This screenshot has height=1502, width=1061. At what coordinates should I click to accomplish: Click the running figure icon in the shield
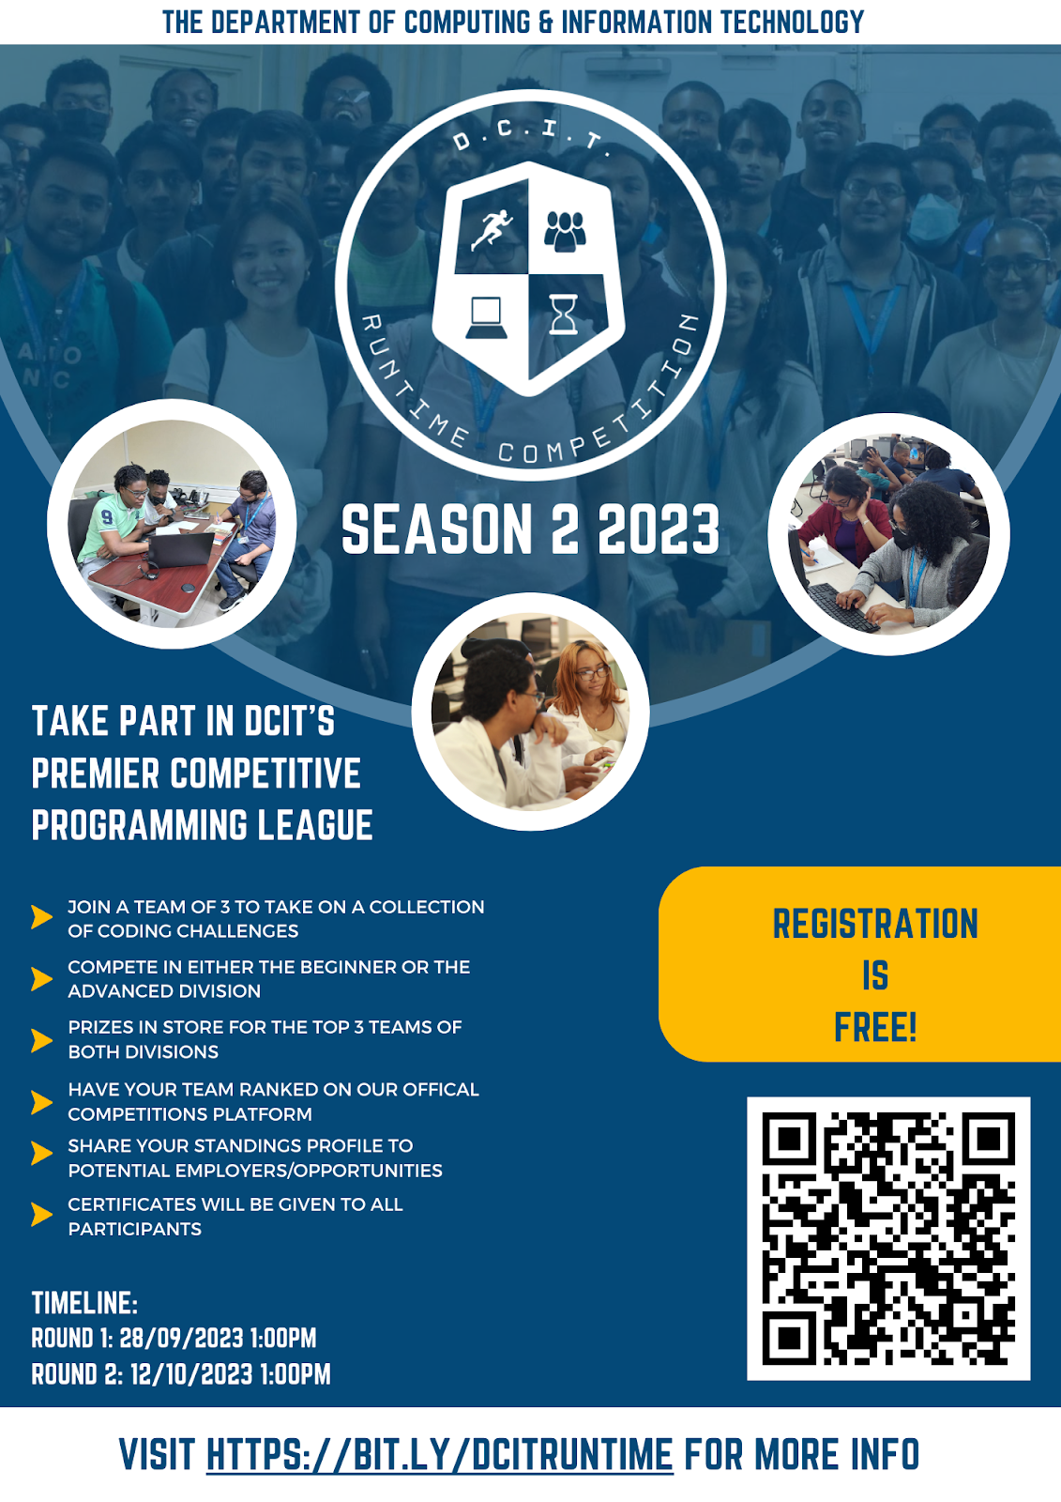point(492,230)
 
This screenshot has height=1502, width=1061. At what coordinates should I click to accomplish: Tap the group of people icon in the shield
point(565,231)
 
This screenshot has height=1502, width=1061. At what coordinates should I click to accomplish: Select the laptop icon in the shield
point(486,318)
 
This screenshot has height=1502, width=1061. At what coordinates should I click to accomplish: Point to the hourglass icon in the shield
point(563,314)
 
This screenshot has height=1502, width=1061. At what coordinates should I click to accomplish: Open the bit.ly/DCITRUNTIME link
point(439,1454)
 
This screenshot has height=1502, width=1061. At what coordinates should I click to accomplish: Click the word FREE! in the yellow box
point(875,1027)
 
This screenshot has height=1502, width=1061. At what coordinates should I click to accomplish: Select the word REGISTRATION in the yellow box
point(875,924)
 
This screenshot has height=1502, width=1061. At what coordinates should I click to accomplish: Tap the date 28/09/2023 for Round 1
point(181,1338)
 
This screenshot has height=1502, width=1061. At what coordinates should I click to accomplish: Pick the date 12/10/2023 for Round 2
point(191,1374)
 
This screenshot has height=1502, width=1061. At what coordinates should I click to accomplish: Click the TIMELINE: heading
point(84,1303)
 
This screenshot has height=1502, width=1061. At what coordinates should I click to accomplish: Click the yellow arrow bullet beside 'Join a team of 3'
point(41,916)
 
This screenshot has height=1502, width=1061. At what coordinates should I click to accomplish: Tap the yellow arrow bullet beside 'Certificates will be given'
point(41,1215)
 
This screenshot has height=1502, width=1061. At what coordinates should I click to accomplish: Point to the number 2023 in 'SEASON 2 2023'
point(659,529)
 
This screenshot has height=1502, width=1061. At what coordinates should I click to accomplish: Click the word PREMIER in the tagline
point(95,774)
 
